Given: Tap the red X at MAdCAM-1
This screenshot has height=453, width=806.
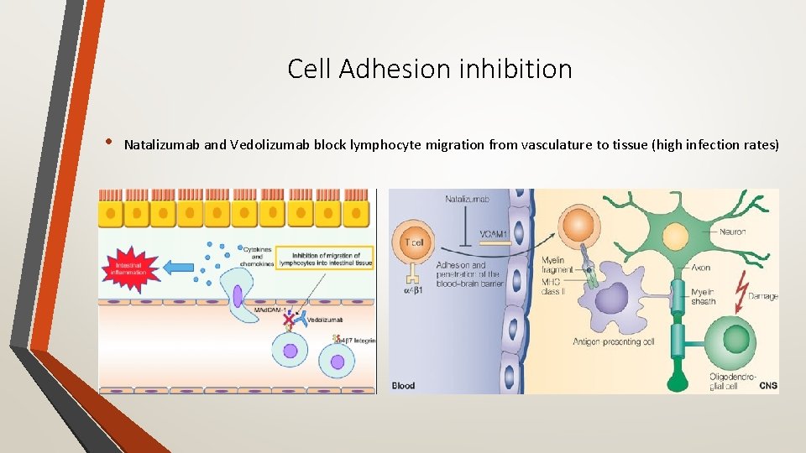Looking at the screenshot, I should coord(289,320).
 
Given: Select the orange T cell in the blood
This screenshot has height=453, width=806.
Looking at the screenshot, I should coord(411,243).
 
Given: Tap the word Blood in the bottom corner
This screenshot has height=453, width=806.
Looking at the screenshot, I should coord(404,386).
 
